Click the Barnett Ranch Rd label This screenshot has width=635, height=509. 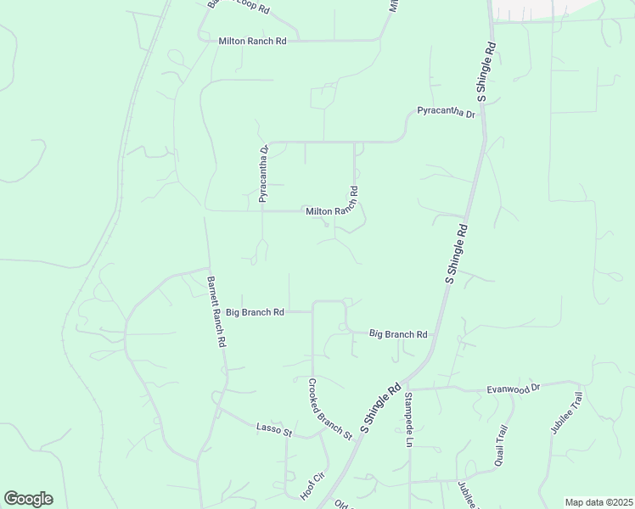point(216,311)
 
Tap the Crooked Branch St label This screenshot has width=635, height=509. point(330,408)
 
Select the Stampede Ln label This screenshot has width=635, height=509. point(407,420)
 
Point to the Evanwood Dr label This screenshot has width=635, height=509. point(513,389)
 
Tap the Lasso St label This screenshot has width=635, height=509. point(273,430)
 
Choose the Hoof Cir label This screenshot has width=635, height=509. point(312,485)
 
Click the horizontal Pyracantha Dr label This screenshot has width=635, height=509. point(446,112)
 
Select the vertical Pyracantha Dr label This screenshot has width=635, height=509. point(264,174)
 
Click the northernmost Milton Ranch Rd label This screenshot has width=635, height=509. point(252,41)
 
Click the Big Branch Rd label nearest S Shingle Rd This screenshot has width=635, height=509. point(398,334)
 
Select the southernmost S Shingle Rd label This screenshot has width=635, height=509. point(380,411)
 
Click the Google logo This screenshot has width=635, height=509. point(28,499)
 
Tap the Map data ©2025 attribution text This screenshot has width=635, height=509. point(598,502)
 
